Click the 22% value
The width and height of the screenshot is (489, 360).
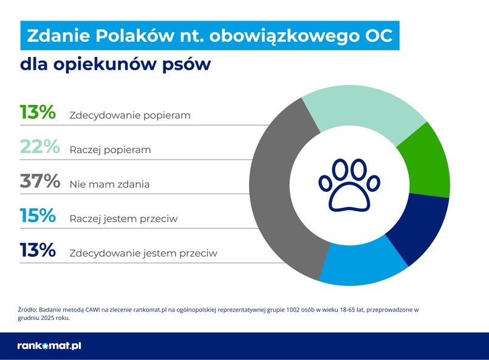[x=39, y=147]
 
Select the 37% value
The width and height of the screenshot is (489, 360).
[x=39, y=182]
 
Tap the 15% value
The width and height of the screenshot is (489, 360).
[x=38, y=216]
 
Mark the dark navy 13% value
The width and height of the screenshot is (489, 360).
[x=38, y=251]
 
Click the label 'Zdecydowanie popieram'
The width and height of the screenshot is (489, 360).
[x=130, y=115]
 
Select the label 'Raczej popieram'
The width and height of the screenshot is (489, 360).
[x=110, y=149]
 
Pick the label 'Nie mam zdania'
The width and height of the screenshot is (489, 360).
[x=109, y=184]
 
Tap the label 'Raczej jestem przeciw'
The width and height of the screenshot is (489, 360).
[x=123, y=219]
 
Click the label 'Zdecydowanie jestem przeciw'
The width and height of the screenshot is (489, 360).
[x=143, y=253]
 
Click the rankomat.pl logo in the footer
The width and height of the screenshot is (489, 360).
[x=49, y=345]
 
